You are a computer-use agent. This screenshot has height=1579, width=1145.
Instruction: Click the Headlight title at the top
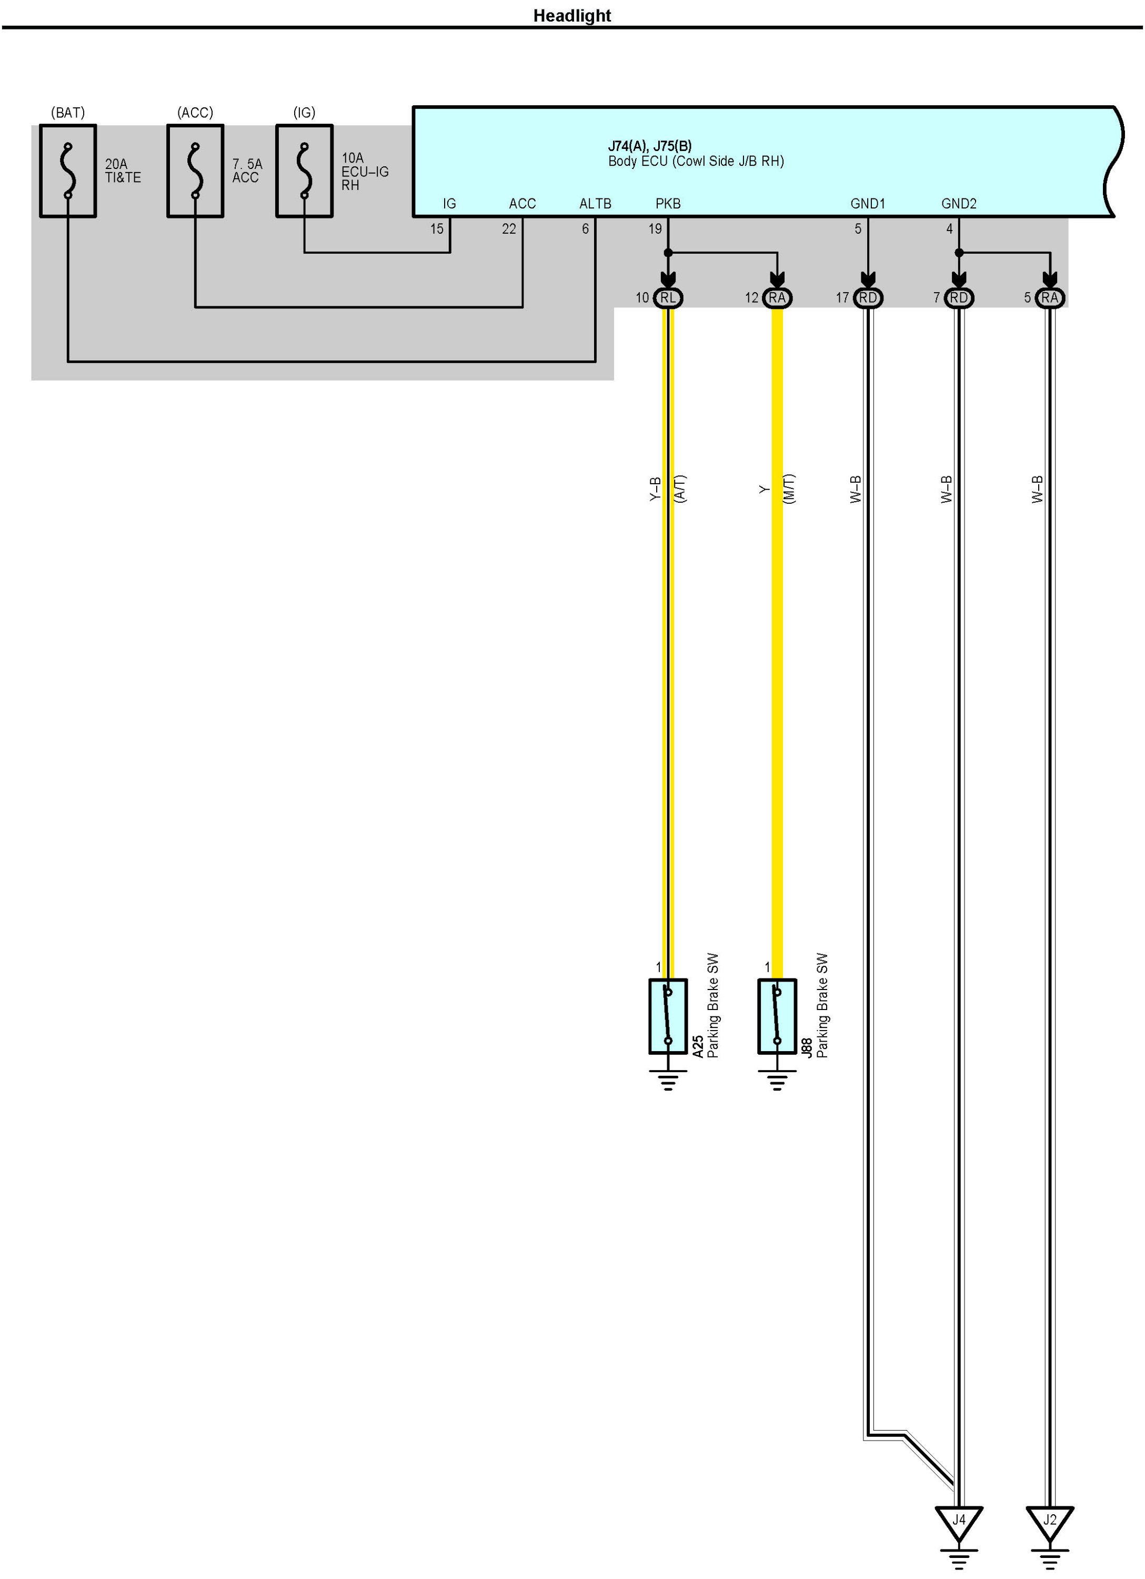571,15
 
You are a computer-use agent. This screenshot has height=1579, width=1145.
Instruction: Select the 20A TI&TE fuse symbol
67,171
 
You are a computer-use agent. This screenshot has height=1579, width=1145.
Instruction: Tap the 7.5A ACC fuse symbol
195,171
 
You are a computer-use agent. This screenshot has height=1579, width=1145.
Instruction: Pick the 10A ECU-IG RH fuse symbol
304,171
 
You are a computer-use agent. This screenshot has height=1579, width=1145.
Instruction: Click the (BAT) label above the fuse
67,113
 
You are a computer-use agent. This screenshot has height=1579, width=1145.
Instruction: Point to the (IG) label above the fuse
304,113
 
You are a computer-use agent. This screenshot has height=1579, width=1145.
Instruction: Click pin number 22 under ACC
509,229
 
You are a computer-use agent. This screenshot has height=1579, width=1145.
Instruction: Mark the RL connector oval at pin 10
668,298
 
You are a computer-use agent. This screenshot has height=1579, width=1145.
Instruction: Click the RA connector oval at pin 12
777,298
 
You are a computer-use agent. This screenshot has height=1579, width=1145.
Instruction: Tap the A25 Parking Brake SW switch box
668,1016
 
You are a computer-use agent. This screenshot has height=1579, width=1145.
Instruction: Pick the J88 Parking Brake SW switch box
777,1016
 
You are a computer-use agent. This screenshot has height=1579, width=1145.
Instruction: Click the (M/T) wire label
789,489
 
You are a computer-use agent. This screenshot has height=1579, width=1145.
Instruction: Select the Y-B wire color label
654,489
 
